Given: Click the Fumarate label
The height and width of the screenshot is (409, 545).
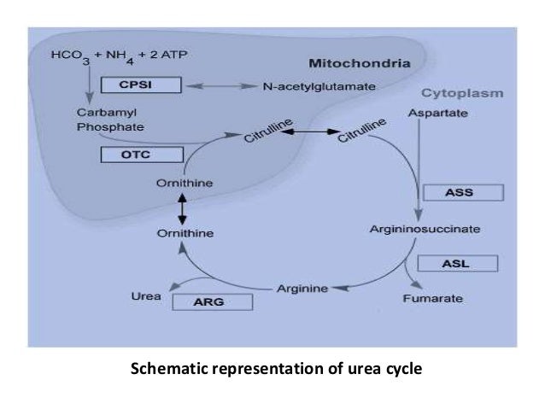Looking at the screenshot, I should [x=433, y=299].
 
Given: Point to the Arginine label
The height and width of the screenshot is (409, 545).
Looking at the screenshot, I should [x=302, y=289].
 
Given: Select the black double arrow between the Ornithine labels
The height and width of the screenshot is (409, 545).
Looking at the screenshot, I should [x=181, y=208].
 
